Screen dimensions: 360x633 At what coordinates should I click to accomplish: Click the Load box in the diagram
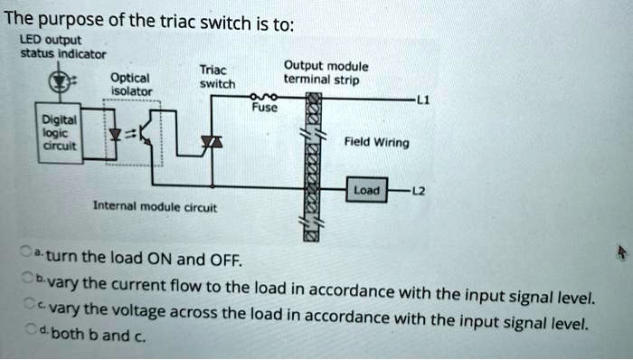[x=368, y=191]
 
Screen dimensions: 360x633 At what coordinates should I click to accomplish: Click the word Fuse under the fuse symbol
[x=262, y=108]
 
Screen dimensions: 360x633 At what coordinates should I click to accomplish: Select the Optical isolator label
[x=130, y=83]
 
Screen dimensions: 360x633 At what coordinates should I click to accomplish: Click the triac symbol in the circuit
[x=213, y=143]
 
